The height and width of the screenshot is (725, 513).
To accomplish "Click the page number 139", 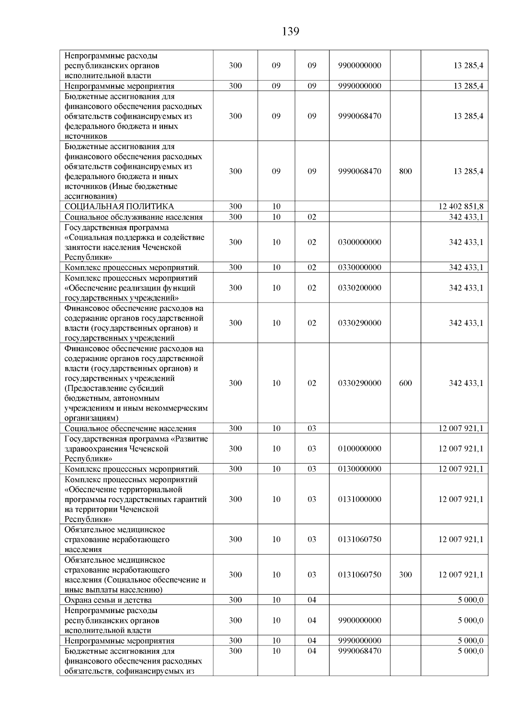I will pos(291,32).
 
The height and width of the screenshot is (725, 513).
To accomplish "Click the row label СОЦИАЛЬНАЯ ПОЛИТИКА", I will pos(119,207).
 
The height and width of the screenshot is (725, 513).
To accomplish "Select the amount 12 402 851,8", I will pos(461,207).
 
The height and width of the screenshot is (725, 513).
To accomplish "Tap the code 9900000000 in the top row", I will pos(360,66).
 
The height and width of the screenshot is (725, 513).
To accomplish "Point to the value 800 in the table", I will pos(405,171).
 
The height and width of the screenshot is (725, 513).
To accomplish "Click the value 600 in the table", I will pos(405,383).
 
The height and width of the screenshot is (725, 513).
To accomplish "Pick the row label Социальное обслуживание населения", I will pos(133,217).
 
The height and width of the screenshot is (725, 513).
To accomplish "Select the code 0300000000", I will pos(360,242).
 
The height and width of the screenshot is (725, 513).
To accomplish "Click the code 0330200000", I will pos(360,288).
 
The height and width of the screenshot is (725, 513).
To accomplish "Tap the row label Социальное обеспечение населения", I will pos(130,429).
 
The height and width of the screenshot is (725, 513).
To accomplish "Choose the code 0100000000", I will pos(360,449).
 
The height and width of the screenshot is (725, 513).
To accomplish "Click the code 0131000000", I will pos(360,499).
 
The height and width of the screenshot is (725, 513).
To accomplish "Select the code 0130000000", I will pos(360,469).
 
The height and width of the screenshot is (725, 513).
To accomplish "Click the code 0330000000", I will pos(360,267).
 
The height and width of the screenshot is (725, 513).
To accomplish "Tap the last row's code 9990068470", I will pos(360,651).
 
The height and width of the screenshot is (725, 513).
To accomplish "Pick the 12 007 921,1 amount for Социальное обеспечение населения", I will pos(461,429).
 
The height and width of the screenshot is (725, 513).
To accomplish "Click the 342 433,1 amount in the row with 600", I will pos(466,383).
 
